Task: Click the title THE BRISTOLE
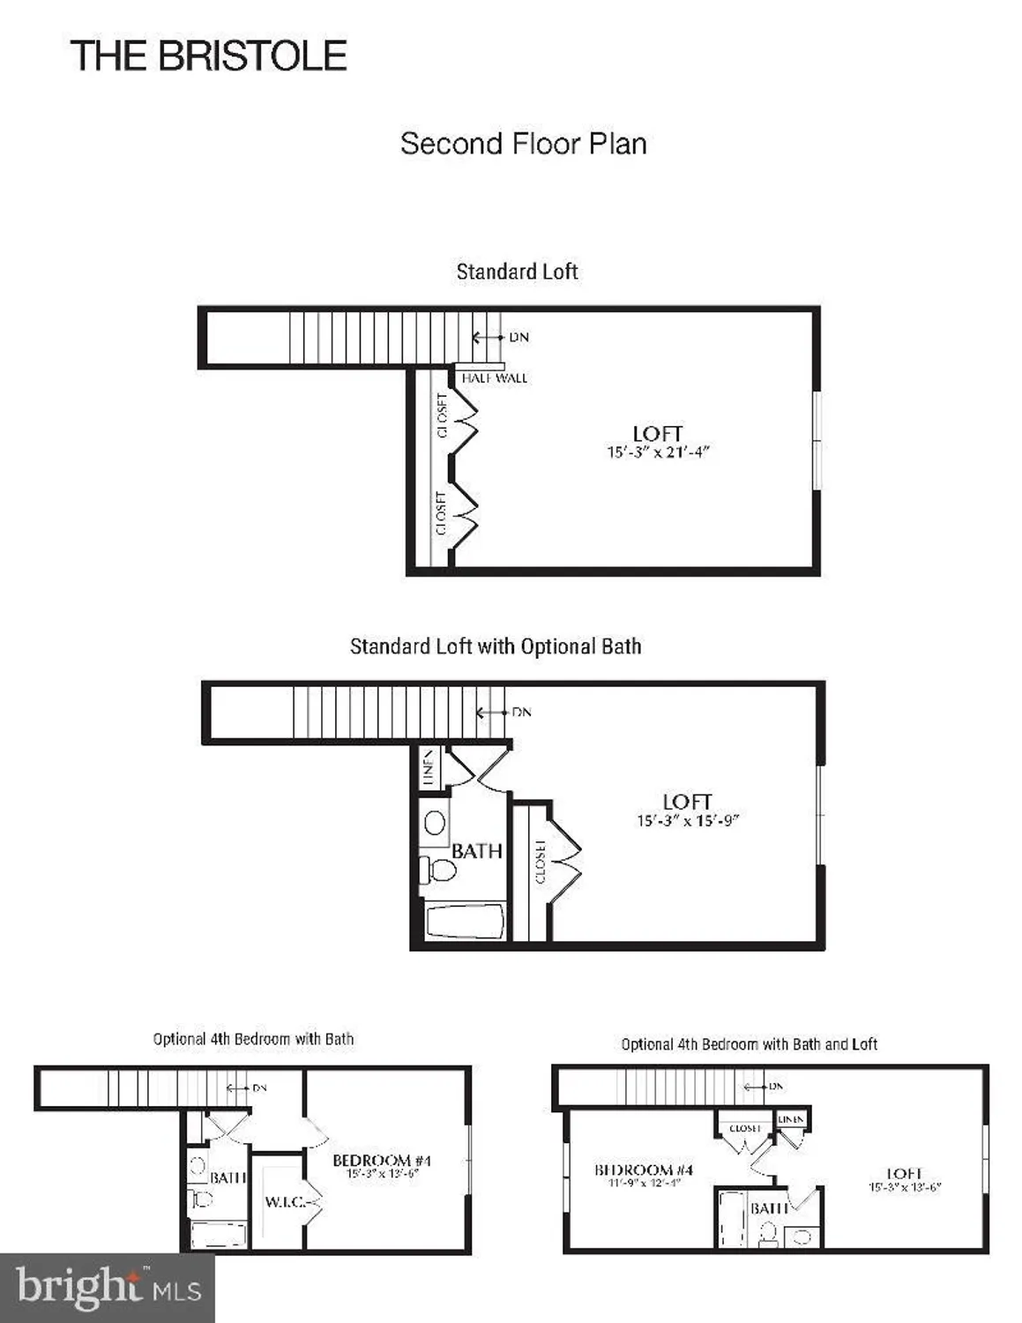click(x=208, y=56)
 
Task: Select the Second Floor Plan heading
click(x=523, y=144)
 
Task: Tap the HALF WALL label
click(x=494, y=378)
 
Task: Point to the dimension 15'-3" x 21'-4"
click(x=658, y=452)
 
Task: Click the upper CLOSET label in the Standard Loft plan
click(x=442, y=415)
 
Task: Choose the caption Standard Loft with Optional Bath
click(x=495, y=647)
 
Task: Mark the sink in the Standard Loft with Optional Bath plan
click(x=435, y=823)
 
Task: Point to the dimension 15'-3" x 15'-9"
click(x=688, y=820)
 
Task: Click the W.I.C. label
click(x=285, y=1202)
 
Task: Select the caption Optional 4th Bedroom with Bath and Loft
click(x=749, y=1044)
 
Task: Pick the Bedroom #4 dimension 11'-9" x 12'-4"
click(x=643, y=1184)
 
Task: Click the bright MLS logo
click(x=108, y=1289)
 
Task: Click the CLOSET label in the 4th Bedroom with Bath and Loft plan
click(x=745, y=1128)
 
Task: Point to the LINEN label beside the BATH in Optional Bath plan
click(x=429, y=767)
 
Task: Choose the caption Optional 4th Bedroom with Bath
click(x=253, y=1039)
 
